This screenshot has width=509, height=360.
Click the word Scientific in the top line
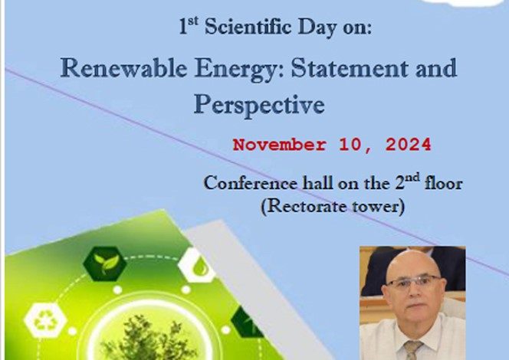[x=248, y=26]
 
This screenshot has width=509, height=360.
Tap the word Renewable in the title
[x=123, y=68]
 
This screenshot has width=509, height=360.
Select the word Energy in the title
[x=239, y=70]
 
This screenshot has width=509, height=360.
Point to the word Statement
[x=350, y=68]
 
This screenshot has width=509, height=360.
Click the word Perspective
[x=259, y=106]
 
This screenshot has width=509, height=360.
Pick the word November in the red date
[x=280, y=145]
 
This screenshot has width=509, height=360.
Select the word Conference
[x=250, y=183]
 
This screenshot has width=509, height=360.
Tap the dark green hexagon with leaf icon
[x=105, y=263]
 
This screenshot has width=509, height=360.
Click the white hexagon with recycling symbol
[x=45, y=320]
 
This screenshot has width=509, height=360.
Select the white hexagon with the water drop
[x=197, y=265]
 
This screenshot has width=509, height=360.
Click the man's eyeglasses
[x=413, y=281]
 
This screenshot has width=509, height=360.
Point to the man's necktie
[x=412, y=349]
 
